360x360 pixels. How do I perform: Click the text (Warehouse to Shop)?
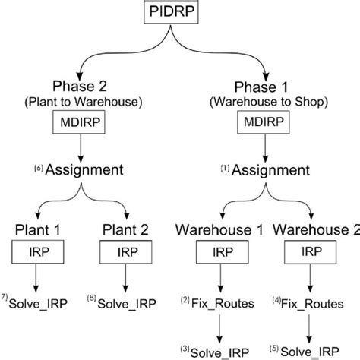coord(266,101)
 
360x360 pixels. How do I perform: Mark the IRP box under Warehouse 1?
coord(219,252)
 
